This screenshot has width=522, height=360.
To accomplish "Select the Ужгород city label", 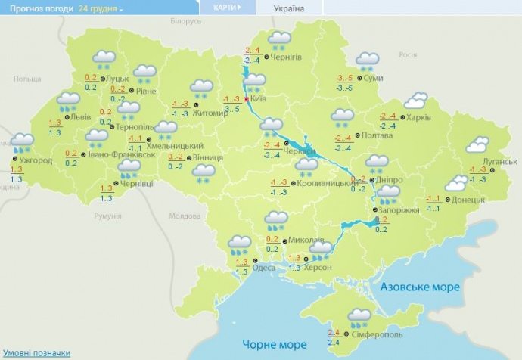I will (x=36, y=160).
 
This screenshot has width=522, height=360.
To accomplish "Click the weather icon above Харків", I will (x=415, y=100).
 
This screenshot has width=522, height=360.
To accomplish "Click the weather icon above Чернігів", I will (x=281, y=40).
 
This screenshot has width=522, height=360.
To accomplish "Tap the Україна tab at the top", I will (x=289, y=8).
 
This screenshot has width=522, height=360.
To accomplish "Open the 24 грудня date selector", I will (x=100, y=8).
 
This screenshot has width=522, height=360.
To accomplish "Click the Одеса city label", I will (x=264, y=268).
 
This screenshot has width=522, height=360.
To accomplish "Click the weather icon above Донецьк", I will (x=456, y=182).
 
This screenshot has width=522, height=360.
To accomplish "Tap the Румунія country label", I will (x=107, y=216).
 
